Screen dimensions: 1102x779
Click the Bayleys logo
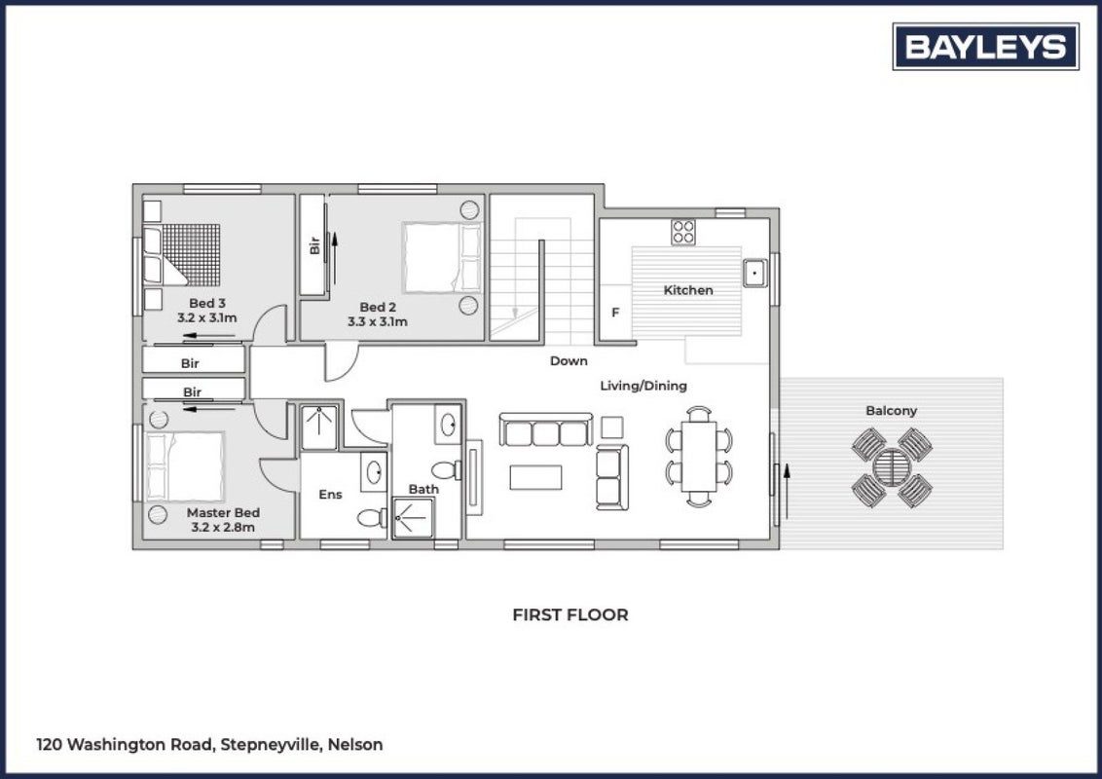point(985,47)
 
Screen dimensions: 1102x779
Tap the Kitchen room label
point(688,289)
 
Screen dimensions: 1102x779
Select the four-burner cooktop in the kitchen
point(683,232)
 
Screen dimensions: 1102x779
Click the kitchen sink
point(755,273)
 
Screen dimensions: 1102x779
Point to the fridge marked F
point(615,313)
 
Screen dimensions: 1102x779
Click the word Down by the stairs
point(569,360)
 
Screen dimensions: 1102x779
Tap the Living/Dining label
point(643,386)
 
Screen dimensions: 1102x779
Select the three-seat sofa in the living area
point(546,429)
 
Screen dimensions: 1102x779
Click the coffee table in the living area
point(535,477)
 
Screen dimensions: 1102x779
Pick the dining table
point(699,457)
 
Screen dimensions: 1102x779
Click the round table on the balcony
point(892,466)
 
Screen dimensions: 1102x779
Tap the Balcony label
point(891,411)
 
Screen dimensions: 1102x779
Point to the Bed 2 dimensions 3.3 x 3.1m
point(378,322)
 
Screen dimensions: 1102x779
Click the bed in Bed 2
point(442,257)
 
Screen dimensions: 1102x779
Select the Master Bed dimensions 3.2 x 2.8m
point(223,528)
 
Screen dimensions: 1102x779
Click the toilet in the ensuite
point(372,518)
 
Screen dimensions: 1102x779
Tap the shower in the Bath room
point(413,518)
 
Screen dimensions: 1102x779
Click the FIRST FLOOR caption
point(569,614)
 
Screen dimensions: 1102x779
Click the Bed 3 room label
point(207,303)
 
